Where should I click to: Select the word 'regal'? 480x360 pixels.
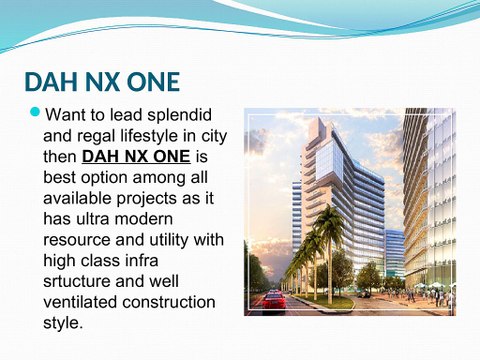[112, 135]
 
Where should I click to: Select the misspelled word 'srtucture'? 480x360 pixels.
[83, 282]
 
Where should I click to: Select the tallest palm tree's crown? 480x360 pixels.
[329, 223]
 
